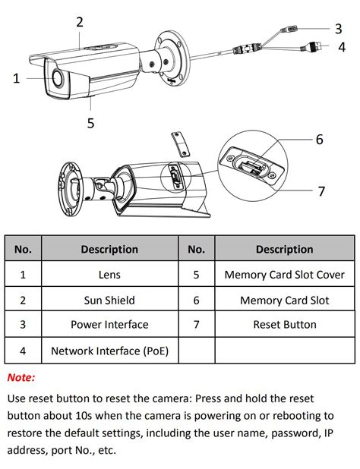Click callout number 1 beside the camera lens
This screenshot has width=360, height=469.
pos(17,77)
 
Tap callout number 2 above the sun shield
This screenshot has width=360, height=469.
pos(80,22)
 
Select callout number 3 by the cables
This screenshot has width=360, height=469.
pos(338,29)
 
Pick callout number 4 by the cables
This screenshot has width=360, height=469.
pos(343,47)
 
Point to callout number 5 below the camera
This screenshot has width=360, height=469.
pos(90,123)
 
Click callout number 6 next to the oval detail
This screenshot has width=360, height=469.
pos(320,140)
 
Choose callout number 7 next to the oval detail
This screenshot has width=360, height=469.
pos(321,190)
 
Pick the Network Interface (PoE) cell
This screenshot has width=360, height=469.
pos(109,351)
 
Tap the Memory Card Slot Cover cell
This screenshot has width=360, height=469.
pos(284,275)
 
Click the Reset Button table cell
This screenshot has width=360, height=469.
pos(284,325)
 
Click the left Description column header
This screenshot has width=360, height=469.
pos(109,249)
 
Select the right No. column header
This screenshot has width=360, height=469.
pos(196,249)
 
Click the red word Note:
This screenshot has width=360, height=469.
pos(21,377)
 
